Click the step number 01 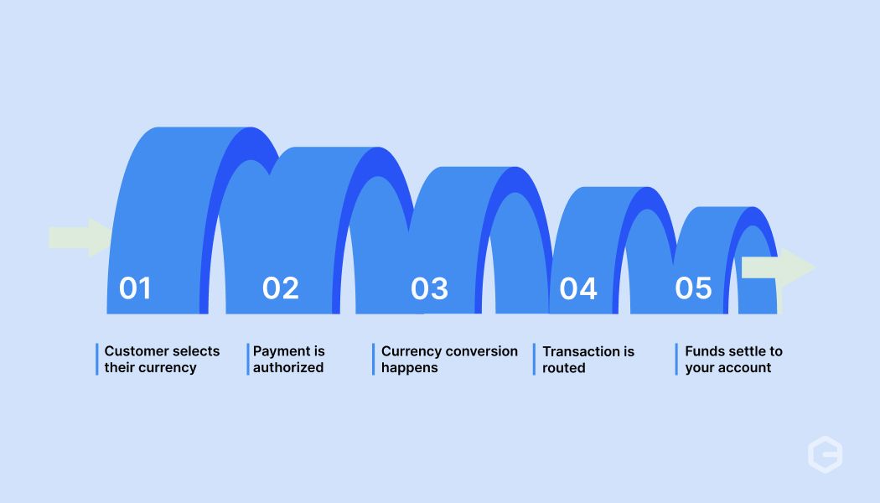[x=135, y=288]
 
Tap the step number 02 [x=281, y=288]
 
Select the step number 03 [x=429, y=288]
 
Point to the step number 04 [x=578, y=288]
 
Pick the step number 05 [x=693, y=288]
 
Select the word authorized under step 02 [x=288, y=367]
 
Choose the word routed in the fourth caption [x=564, y=368]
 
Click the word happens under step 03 [x=410, y=368]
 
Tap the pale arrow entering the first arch [x=80, y=237]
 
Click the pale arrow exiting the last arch [x=779, y=267]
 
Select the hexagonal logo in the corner [x=825, y=454]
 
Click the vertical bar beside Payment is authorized [x=247, y=360]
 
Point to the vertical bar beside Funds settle [x=676, y=360]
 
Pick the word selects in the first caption [x=197, y=351]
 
